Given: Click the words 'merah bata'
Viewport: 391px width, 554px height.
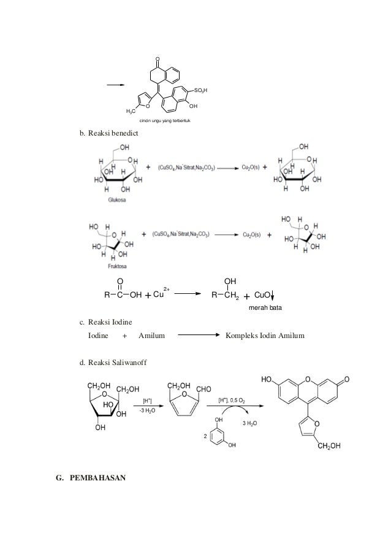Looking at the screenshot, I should pos(265,307).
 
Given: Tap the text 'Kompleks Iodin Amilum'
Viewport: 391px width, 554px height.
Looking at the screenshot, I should pos(265,336).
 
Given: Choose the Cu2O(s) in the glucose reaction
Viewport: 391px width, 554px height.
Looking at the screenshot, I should pos(251,167).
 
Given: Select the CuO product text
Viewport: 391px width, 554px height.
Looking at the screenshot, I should pos(263,294).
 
